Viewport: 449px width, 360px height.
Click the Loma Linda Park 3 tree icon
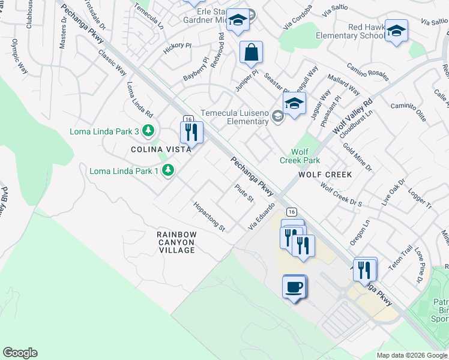coord(148,131)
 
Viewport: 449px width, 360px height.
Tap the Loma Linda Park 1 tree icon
coord(168,171)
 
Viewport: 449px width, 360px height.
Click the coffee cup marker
coord(294,287)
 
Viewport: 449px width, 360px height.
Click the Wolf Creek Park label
coord(300,156)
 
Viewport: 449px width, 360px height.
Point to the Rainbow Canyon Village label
coord(176,242)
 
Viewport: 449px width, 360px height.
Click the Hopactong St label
coord(209,217)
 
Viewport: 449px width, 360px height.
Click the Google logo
coord(20,353)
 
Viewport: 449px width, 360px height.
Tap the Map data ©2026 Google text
coord(411,355)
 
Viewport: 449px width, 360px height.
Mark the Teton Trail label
coord(400,258)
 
